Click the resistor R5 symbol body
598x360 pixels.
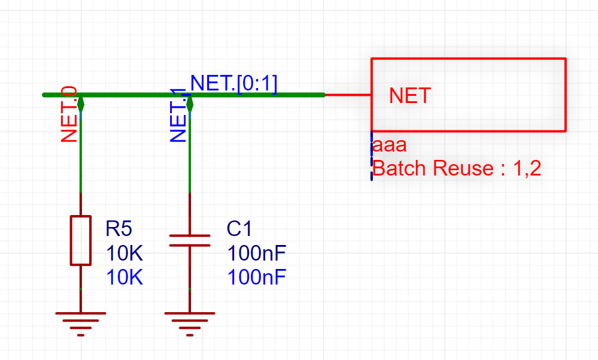click(x=81, y=240)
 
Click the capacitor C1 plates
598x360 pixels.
click(x=190, y=240)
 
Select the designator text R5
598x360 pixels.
click(x=119, y=228)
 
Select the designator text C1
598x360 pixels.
click(x=239, y=228)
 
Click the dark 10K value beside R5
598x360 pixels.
click(x=125, y=253)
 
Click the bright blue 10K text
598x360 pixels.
click(x=125, y=277)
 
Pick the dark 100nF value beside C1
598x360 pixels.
click(x=257, y=253)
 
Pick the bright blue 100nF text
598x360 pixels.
click(x=257, y=277)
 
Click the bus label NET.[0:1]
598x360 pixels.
click(x=234, y=83)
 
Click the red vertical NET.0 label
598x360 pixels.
click(x=69, y=114)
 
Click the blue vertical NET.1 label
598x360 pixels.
click(x=179, y=116)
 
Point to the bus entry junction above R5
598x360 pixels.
click(x=81, y=103)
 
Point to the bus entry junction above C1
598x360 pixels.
click(x=190, y=103)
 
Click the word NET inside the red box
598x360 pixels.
click(x=410, y=96)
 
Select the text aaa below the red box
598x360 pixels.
click(x=390, y=146)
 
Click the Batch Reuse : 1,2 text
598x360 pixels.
click(x=457, y=168)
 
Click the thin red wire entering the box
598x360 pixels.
click(x=348, y=95)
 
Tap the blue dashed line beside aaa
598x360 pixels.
click(x=372, y=156)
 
